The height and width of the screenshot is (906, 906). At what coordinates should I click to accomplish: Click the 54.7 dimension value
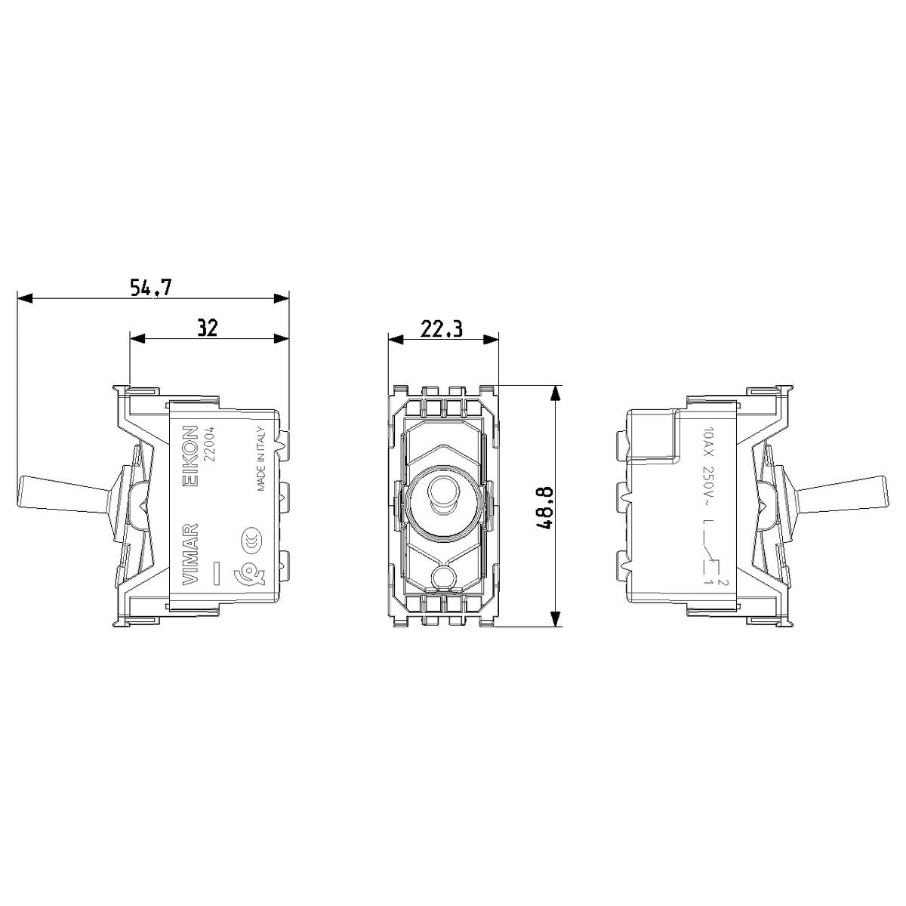150,287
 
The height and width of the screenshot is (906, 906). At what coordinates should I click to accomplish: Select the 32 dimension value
208,328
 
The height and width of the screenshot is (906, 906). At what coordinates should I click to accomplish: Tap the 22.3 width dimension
442,328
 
